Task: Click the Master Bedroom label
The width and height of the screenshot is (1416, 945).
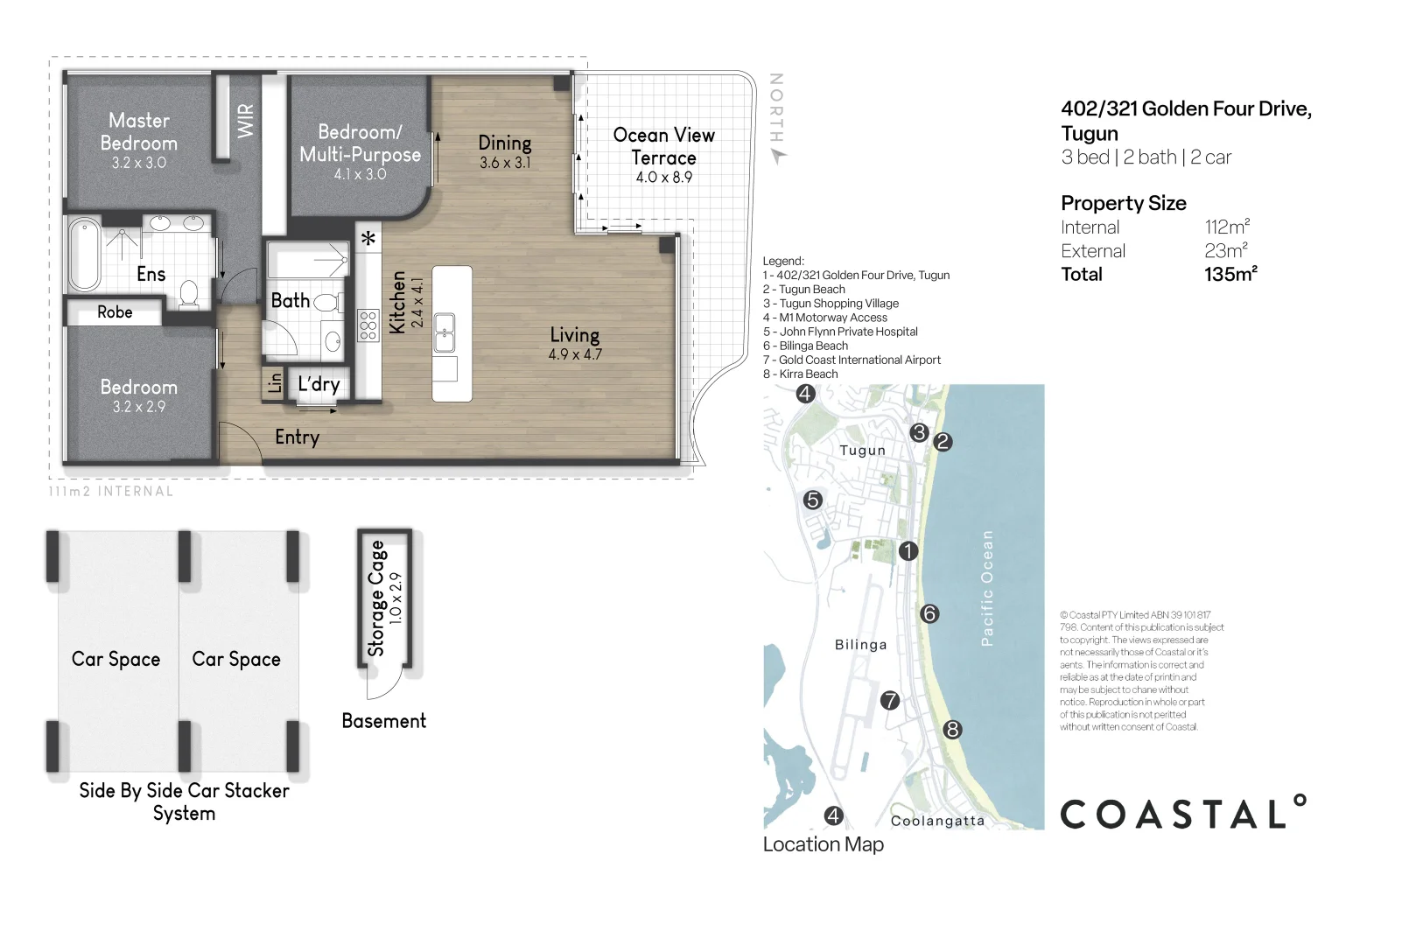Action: [139, 131]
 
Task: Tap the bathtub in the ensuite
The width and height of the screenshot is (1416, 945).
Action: [84, 255]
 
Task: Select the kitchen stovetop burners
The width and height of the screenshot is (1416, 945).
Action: [368, 325]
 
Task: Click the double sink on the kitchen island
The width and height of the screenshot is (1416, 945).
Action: [445, 332]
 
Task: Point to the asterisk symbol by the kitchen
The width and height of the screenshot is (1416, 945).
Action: [368, 238]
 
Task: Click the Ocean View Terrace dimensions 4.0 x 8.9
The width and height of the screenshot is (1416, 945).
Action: [663, 177]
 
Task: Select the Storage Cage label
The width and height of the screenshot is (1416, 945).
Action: [376, 598]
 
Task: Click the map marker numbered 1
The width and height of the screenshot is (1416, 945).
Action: [908, 551]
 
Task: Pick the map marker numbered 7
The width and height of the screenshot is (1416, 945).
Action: [890, 700]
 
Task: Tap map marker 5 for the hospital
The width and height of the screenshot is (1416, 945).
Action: [813, 500]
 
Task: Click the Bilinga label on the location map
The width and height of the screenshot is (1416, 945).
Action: [861, 645]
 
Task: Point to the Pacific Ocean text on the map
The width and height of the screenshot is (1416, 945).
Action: [987, 588]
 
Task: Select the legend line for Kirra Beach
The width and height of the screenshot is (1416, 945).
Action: [800, 374]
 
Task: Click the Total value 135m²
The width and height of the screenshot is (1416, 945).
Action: [1230, 274]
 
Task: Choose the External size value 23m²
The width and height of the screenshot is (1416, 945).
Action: [1226, 250]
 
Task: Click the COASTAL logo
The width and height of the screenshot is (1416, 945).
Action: [1183, 812]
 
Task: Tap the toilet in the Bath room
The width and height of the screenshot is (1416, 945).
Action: [326, 302]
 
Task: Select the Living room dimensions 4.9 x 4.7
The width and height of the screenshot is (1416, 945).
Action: [575, 354]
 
